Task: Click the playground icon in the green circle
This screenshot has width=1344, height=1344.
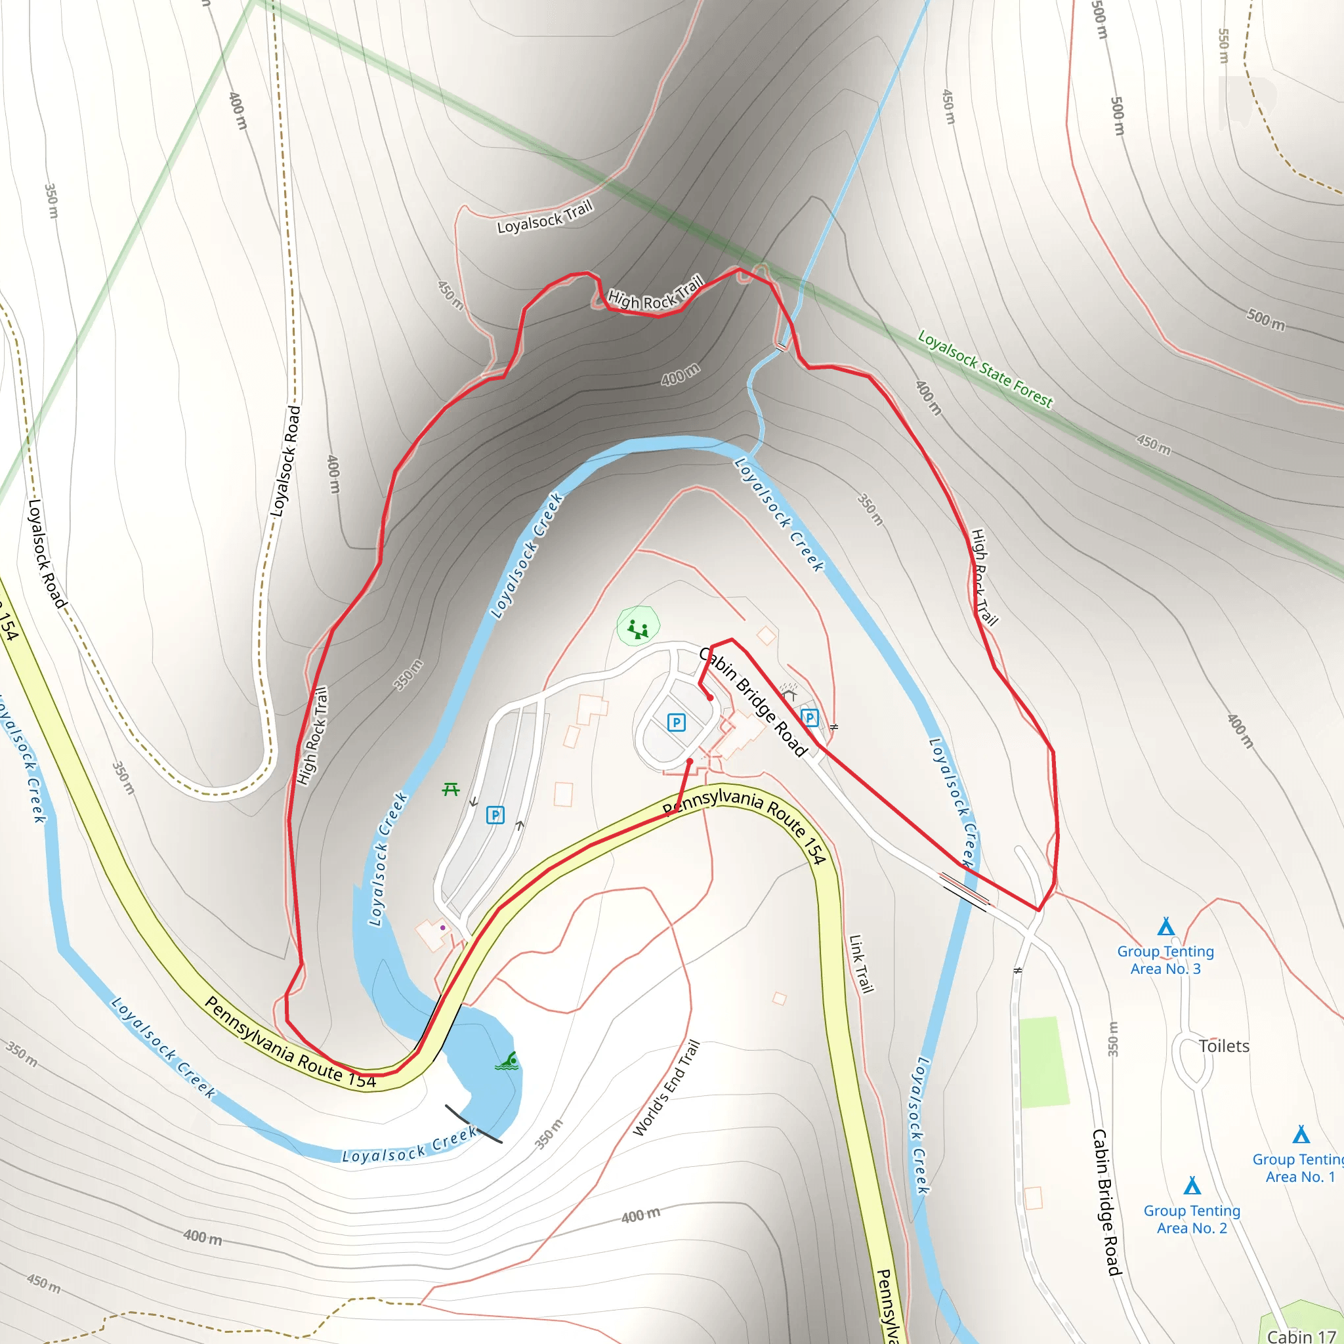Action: tap(638, 629)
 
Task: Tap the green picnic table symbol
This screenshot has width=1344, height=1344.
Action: tap(451, 789)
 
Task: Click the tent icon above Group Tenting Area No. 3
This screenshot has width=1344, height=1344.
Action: tap(1166, 927)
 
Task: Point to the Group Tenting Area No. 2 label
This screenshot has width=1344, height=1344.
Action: tap(1192, 1219)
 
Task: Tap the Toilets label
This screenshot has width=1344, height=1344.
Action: tap(1224, 1046)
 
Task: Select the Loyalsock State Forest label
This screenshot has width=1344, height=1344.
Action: tap(985, 369)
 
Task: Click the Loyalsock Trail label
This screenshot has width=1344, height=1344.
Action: tap(545, 217)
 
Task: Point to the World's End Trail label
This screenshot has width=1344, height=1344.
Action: tap(665, 1089)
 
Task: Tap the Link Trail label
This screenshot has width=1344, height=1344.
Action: tap(861, 963)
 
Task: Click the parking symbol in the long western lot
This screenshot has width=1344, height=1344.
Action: tap(495, 814)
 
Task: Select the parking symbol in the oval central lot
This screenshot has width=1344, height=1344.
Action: tap(676, 722)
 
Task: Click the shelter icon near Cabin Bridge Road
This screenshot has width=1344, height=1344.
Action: tap(789, 692)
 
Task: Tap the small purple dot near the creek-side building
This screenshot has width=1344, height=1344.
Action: tap(442, 927)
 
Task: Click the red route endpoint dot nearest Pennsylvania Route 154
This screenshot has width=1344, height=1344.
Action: tap(690, 761)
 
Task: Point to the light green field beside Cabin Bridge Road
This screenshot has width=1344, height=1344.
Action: tap(1043, 1062)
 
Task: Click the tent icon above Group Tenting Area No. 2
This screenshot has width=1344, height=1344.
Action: tap(1192, 1185)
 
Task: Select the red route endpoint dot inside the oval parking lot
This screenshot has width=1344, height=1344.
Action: tap(710, 698)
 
